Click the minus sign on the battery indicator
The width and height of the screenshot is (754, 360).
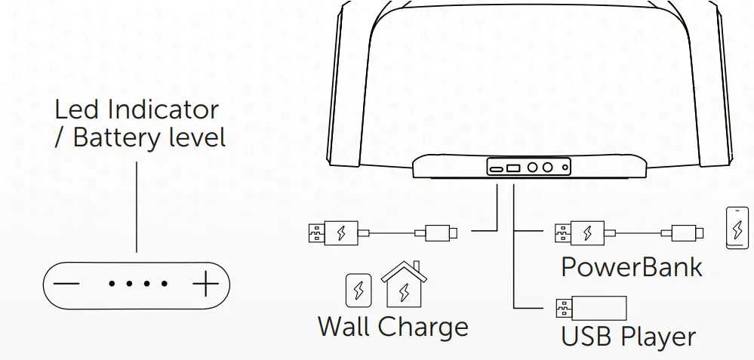click(x=66, y=285)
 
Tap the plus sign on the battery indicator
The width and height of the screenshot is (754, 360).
click(x=205, y=285)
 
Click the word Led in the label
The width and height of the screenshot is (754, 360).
click(x=77, y=110)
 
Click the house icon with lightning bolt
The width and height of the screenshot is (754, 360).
click(x=404, y=285)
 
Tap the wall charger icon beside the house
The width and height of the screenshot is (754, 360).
click(x=359, y=290)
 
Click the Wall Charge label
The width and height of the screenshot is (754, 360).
click(x=392, y=327)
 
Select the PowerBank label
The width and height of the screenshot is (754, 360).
click(x=631, y=266)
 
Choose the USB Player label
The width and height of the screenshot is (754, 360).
click(x=628, y=336)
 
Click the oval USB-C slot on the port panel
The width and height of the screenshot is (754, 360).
click(x=496, y=168)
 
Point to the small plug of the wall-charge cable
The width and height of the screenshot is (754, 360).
click(x=442, y=232)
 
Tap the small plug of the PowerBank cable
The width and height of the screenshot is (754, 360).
click(x=688, y=232)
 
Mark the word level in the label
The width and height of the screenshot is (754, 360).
click(x=199, y=138)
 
